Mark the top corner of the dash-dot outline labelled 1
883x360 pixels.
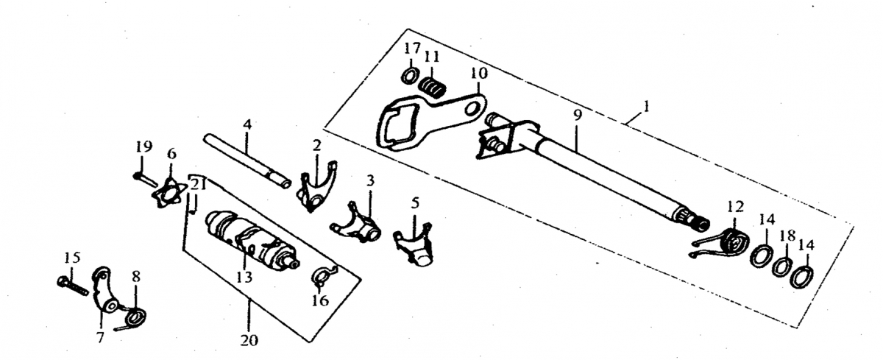(408, 29)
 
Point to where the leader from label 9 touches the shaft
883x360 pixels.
(575, 152)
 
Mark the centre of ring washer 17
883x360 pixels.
(410, 76)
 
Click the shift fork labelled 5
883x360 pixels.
(414, 244)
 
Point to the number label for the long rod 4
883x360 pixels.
(247, 125)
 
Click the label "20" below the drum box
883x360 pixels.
(249, 340)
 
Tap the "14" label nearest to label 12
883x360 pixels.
(766, 219)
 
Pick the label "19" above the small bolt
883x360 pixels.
(144, 147)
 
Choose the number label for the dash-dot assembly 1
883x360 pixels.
(646, 107)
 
